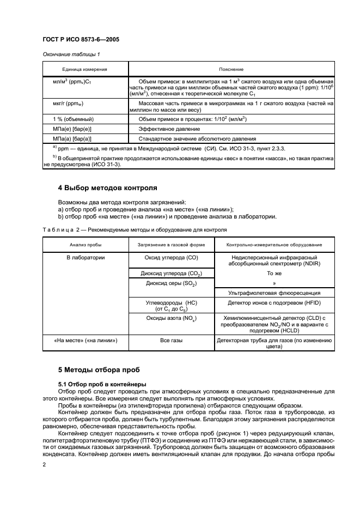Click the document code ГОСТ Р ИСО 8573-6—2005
81,39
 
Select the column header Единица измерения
84,70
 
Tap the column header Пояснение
227,70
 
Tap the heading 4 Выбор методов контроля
108,189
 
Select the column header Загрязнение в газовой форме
170,246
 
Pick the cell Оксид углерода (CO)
170,257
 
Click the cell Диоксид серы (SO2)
170,284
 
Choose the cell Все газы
170,341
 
